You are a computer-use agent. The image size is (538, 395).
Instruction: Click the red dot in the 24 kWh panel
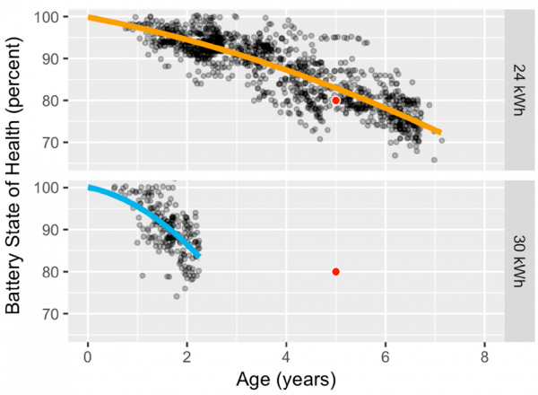[x=336, y=101]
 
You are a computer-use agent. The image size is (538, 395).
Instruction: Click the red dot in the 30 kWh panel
[x=336, y=272]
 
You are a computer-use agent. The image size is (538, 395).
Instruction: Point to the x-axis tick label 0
[x=88, y=357]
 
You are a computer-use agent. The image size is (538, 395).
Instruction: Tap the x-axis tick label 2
[x=187, y=357]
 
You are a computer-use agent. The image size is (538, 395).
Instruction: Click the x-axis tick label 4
[x=286, y=357]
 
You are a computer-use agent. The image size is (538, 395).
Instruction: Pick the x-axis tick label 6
[x=386, y=357]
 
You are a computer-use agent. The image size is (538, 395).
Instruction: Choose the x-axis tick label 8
[x=484, y=357]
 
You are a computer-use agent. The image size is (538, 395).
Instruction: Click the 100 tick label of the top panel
[x=47, y=17]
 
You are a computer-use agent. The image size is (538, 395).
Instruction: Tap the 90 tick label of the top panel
[x=51, y=58]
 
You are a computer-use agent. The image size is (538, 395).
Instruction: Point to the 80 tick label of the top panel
[x=51, y=101]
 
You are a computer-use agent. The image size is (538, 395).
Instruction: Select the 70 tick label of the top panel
[x=51, y=143]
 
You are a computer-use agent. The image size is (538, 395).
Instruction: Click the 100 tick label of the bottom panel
[x=47, y=188]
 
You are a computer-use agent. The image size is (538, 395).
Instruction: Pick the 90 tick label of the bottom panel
[x=51, y=230]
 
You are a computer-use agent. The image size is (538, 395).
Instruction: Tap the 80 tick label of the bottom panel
[x=51, y=272]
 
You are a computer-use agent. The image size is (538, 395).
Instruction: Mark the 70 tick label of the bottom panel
[x=51, y=313]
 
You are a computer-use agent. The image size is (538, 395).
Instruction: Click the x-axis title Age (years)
[x=286, y=381]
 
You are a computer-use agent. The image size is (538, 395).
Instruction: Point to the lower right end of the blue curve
[x=199, y=256]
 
